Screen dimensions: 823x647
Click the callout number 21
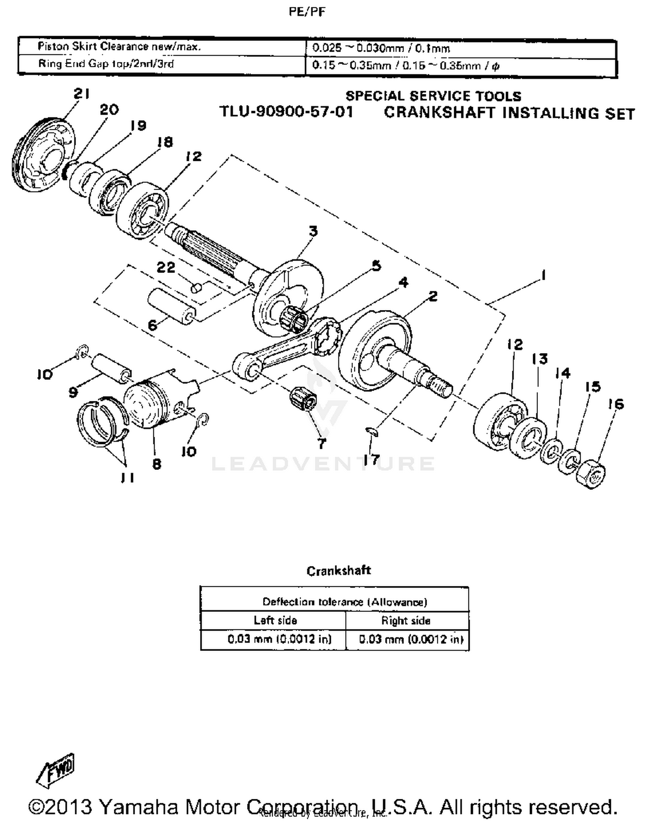[x=82, y=93]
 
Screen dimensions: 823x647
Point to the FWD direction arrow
[x=56, y=770]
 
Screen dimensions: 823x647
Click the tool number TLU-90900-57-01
[x=286, y=112]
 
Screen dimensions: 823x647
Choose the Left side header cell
[x=275, y=620]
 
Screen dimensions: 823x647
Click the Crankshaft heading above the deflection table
[x=339, y=570]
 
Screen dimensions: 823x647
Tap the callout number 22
[x=166, y=267]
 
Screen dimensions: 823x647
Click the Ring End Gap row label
[x=106, y=64]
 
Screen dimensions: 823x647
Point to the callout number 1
[x=543, y=275]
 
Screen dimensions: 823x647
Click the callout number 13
[x=539, y=359]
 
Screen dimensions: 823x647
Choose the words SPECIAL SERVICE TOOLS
[x=433, y=96]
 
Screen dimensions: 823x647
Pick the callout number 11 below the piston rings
[x=127, y=477]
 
